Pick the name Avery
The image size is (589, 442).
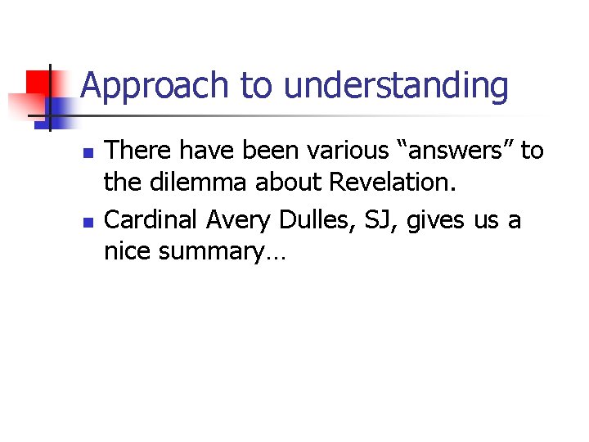(x=233, y=219)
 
